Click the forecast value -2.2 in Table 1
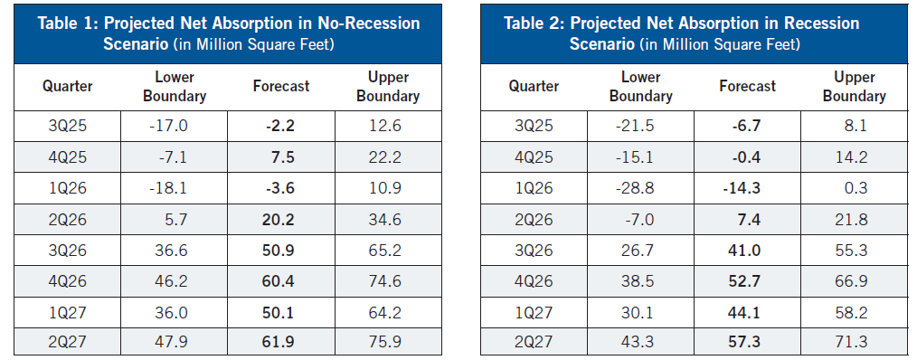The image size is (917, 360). [x=280, y=126]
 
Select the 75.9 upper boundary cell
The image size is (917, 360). [x=387, y=341]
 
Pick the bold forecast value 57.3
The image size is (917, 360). [x=747, y=341]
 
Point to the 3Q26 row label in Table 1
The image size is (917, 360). [x=67, y=251]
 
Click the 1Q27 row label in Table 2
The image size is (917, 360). [x=534, y=313]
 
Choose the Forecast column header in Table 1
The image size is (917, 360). [x=280, y=86]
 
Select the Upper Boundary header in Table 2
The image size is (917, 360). [x=854, y=87]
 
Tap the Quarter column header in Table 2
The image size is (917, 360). [x=534, y=87]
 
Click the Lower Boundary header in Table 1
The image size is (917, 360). [x=175, y=87]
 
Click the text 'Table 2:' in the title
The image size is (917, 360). [x=534, y=24]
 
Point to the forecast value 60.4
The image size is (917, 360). [x=280, y=281]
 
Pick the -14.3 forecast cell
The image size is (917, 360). [x=747, y=188]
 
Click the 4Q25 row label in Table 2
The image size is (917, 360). [x=534, y=157]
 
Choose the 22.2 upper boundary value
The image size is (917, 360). [x=387, y=157]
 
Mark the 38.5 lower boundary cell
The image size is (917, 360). [x=641, y=281]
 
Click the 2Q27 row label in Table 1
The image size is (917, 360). [x=67, y=341]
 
